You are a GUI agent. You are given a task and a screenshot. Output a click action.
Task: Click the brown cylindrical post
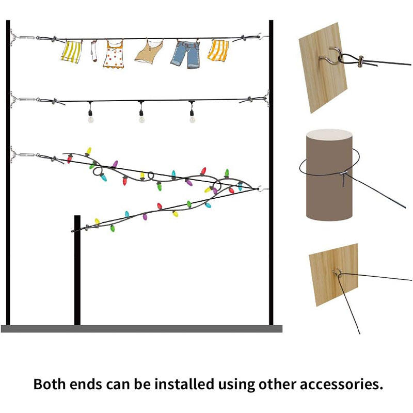[328, 176]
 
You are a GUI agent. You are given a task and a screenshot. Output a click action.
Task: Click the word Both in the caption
[50, 385]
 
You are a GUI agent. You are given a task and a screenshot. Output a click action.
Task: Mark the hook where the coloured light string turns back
[261, 189]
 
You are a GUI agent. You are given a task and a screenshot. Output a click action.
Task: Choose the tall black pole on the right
[271, 170]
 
